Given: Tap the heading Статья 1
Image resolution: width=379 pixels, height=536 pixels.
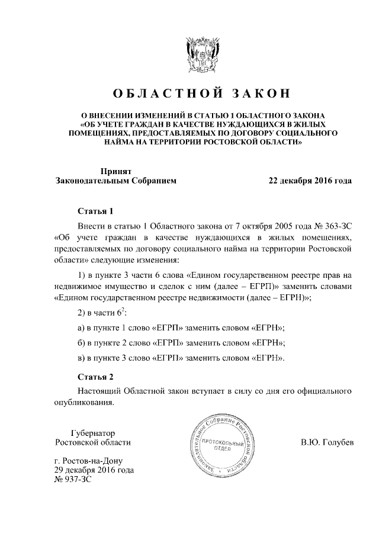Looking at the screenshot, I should point(94,211).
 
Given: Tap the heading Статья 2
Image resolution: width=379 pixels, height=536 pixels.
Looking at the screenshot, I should point(94,377).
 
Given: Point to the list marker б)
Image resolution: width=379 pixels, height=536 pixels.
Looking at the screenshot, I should point(82,343).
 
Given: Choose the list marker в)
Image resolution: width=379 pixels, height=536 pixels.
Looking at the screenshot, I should point(82,358).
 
